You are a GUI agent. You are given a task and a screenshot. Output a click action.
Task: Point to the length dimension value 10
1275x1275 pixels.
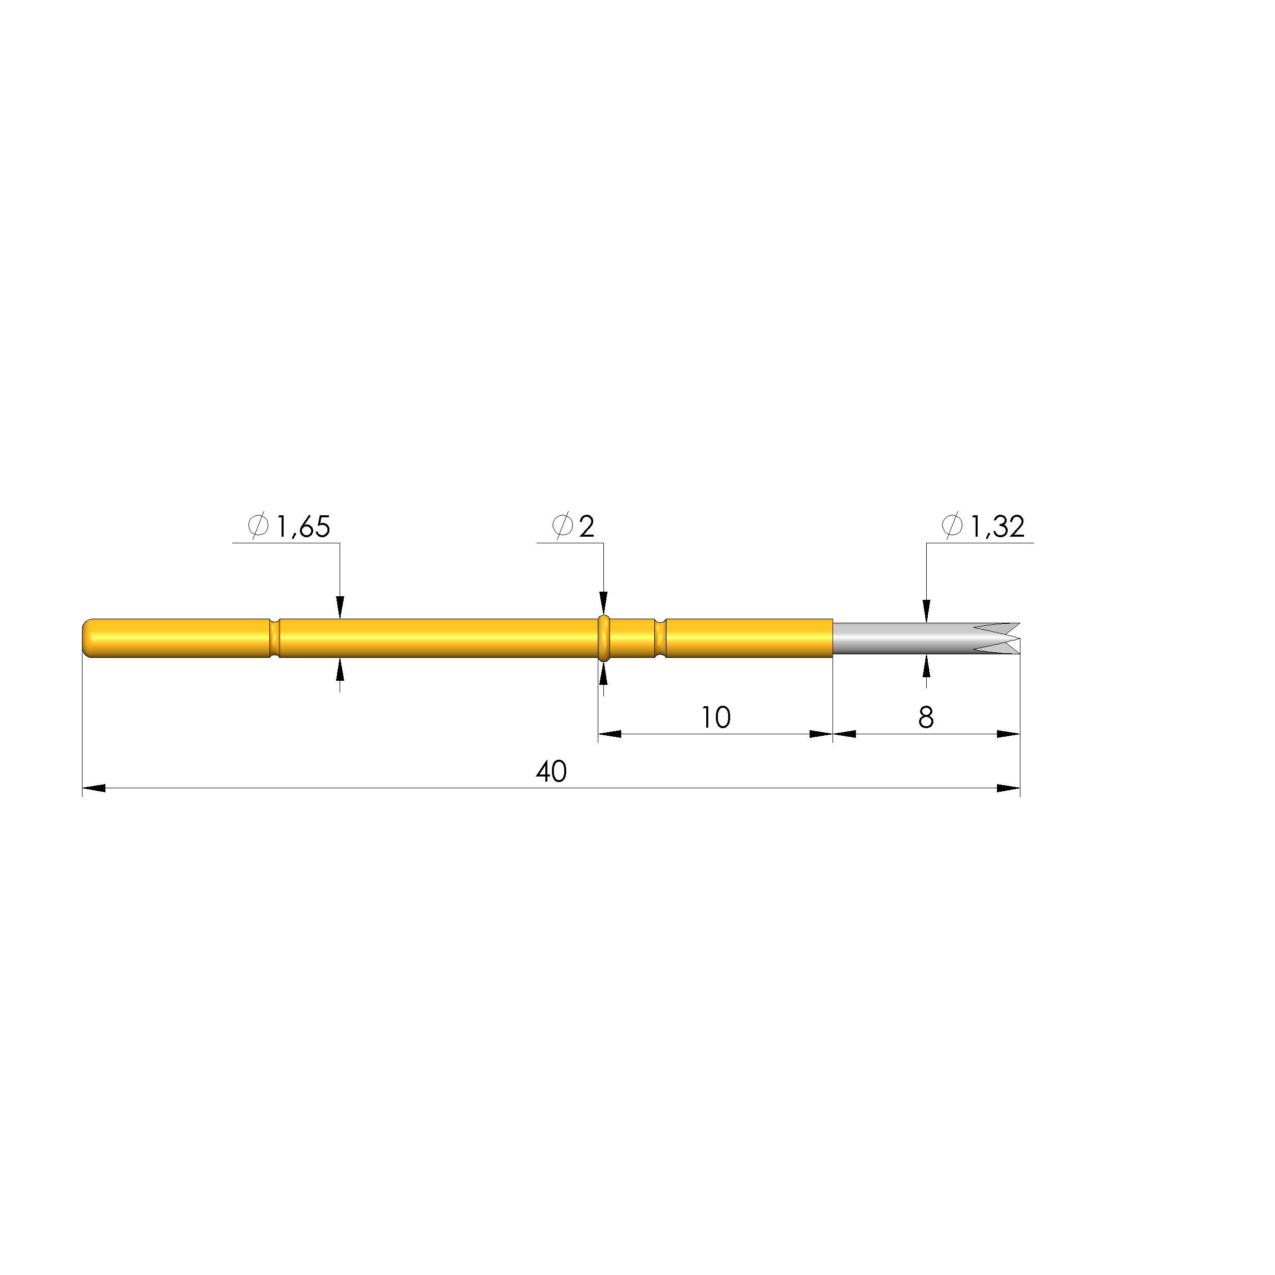tap(716, 717)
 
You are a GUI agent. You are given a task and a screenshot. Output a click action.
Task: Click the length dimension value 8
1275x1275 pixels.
tap(926, 717)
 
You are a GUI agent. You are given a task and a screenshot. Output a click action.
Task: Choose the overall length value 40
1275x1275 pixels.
tap(551, 771)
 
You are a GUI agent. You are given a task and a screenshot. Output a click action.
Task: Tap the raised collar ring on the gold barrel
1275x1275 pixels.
tap(603, 638)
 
